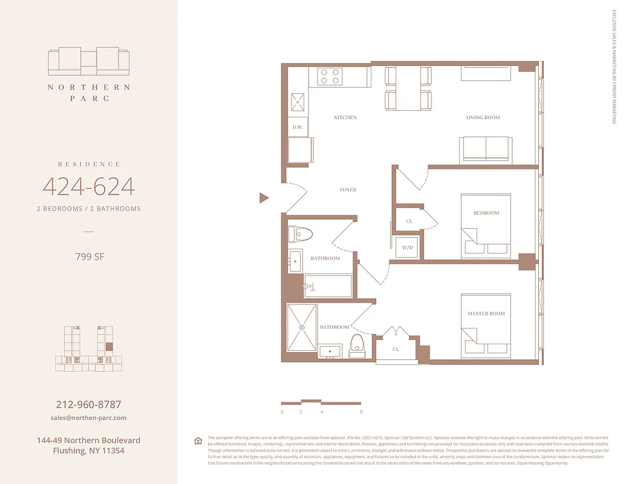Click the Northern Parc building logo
(x=89, y=61)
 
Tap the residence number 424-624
(x=89, y=187)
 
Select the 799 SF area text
(x=89, y=257)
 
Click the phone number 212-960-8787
(x=88, y=404)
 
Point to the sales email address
(x=88, y=418)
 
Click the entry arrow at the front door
(x=264, y=198)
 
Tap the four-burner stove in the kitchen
(x=331, y=76)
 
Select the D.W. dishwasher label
(x=298, y=127)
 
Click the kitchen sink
(x=298, y=102)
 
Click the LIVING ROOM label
(x=483, y=117)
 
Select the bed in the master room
(x=486, y=325)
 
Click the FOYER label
(x=348, y=190)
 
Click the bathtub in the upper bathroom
(x=328, y=286)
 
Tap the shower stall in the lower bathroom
(x=301, y=327)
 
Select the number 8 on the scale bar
(x=361, y=412)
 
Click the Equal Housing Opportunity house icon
(x=198, y=440)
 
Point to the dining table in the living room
(x=408, y=88)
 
